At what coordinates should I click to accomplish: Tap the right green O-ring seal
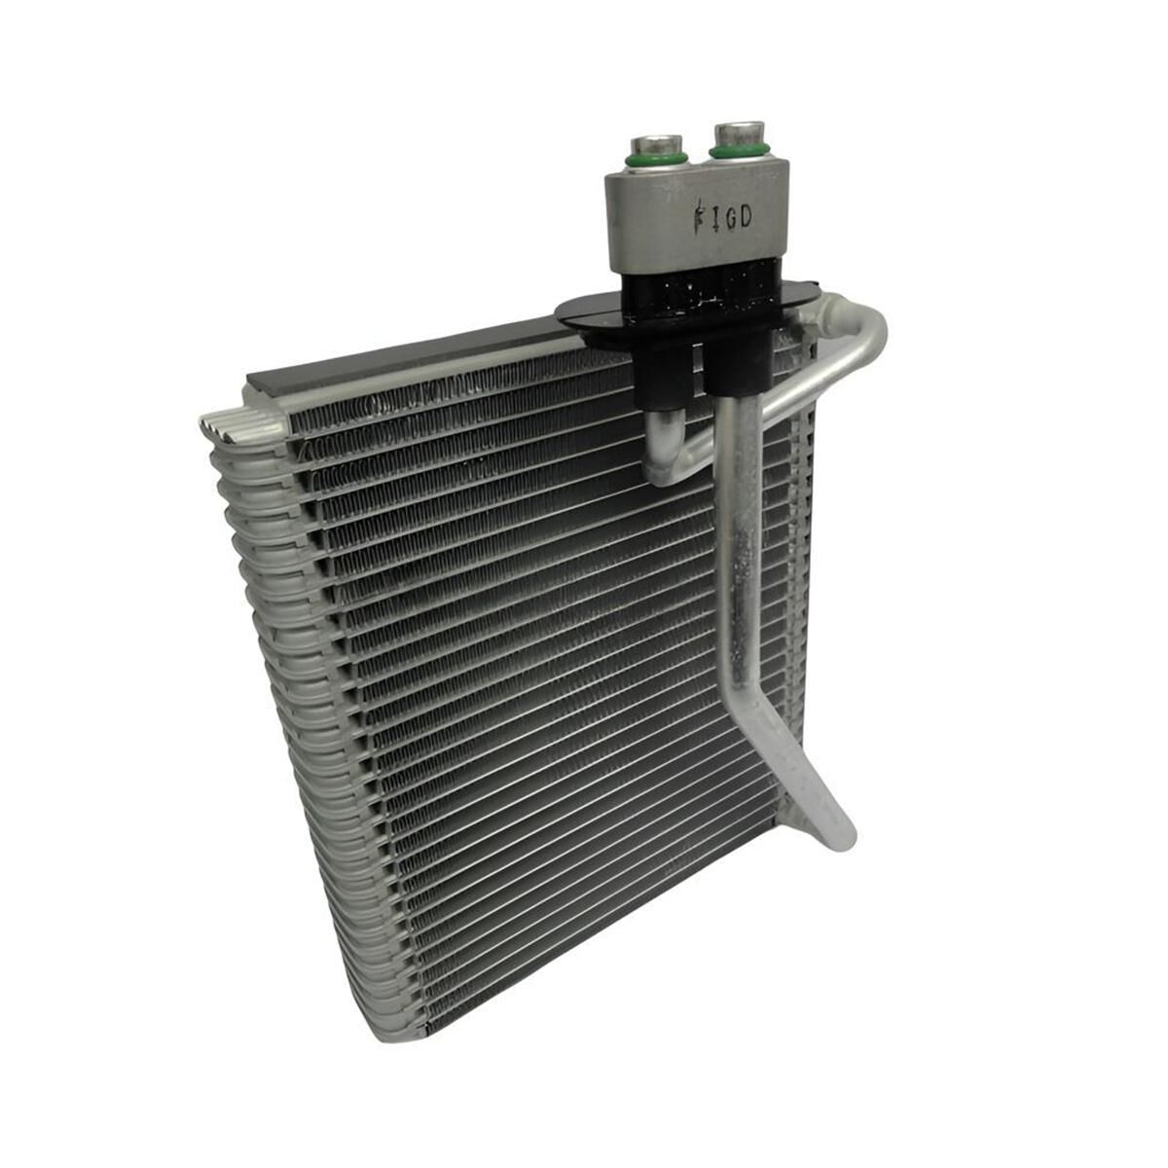(741, 150)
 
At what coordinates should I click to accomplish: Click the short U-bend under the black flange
(662, 457)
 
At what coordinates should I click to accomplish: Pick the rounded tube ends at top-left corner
(234, 421)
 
